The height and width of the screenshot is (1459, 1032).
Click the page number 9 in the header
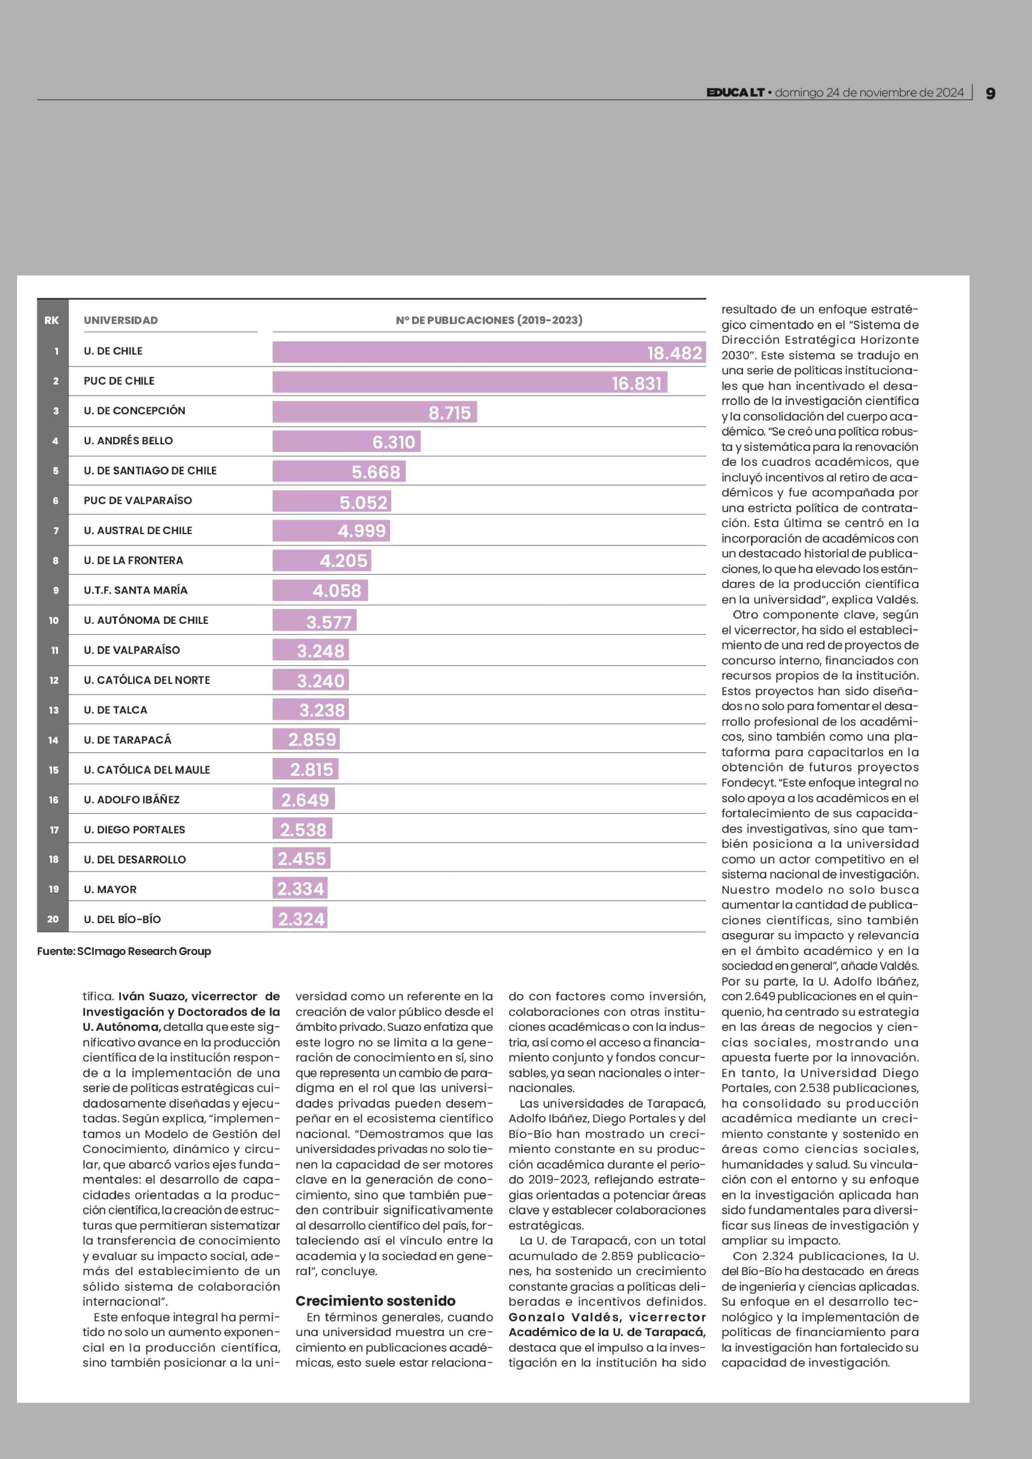tap(990, 94)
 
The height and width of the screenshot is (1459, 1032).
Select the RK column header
tap(51, 320)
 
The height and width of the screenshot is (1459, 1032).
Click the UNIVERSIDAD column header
tap(121, 320)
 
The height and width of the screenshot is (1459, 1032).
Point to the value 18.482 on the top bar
tap(674, 353)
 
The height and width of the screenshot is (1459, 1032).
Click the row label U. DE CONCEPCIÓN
tap(135, 411)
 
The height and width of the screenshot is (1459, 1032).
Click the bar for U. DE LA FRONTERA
tap(322, 560)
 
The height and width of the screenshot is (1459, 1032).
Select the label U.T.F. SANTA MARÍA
tap(135, 590)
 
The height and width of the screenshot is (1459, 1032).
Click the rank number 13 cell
tap(53, 710)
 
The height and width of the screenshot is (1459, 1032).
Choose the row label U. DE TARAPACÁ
tap(128, 740)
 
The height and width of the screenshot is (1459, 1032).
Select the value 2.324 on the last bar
tap(301, 919)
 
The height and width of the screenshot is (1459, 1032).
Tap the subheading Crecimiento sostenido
tap(376, 1301)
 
